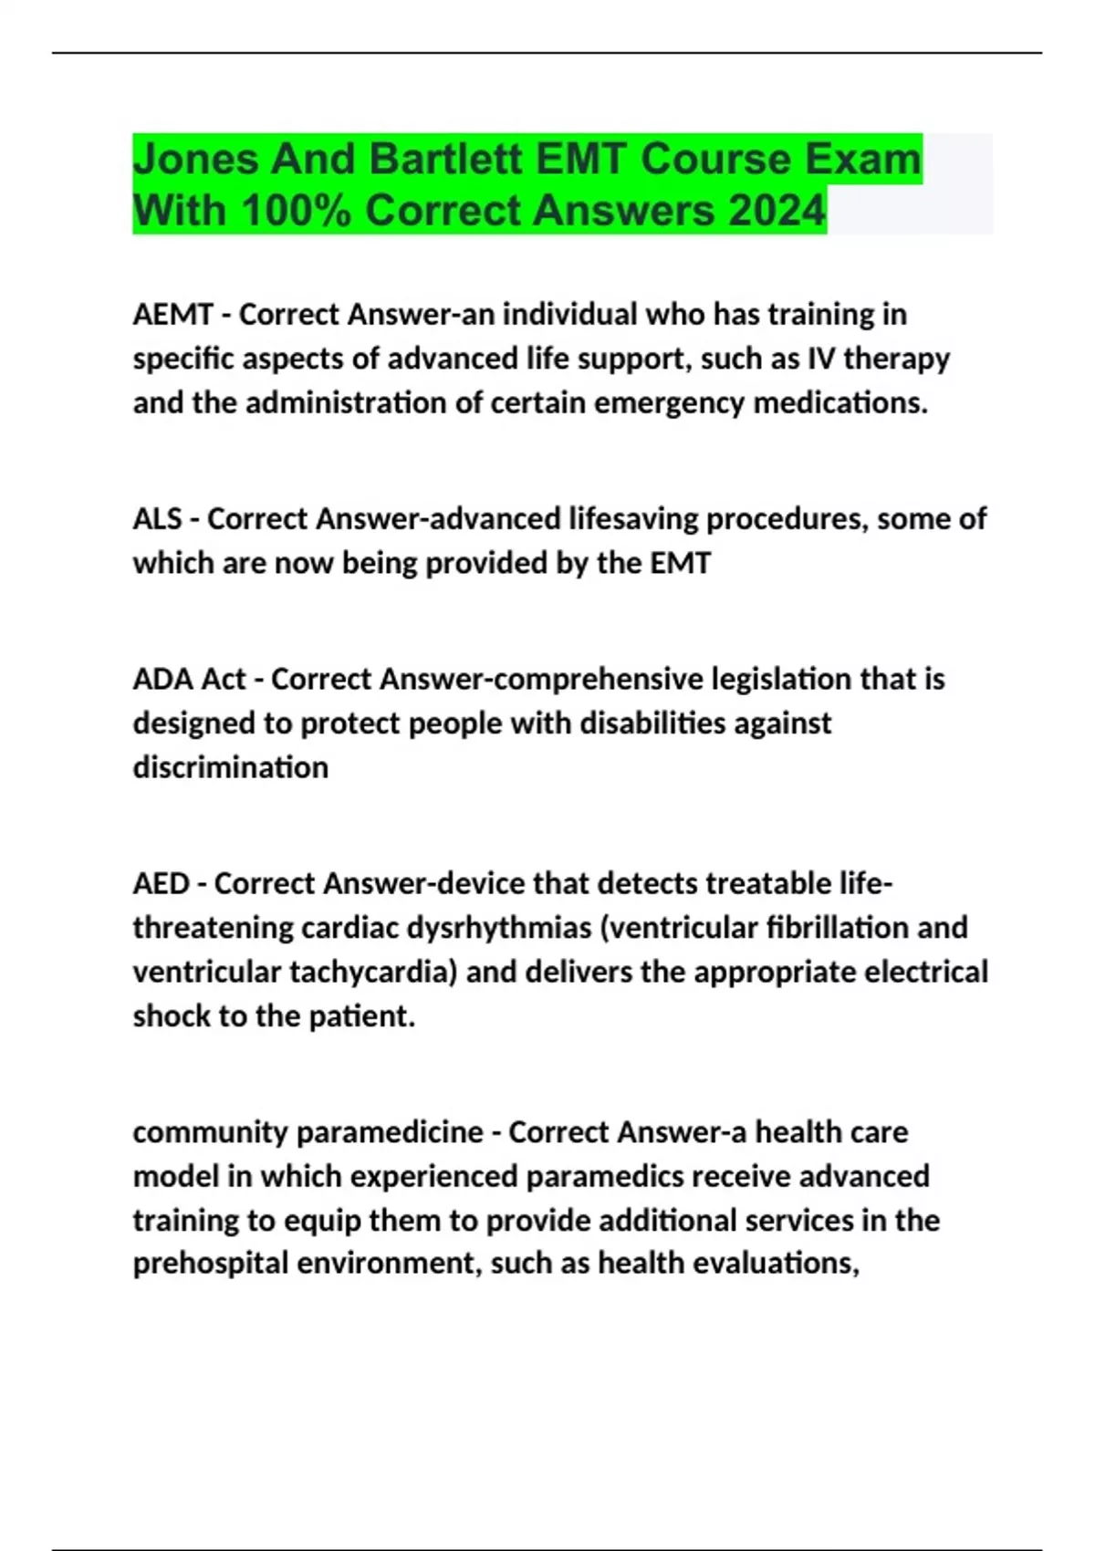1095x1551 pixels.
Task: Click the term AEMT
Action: tap(172, 314)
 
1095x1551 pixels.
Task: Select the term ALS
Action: tap(157, 518)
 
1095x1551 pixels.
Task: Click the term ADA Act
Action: tap(189, 679)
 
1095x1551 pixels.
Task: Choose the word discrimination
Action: tap(231, 767)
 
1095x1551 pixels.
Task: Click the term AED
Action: tap(160, 883)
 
